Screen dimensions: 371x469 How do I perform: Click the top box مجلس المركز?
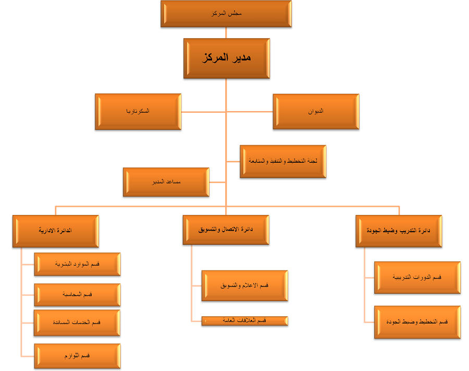click(x=226, y=14)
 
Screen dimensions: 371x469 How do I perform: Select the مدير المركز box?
click(x=226, y=58)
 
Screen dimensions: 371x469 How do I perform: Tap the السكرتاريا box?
click(x=138, y=112)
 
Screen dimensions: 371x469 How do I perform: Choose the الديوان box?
click(x=316, y=112)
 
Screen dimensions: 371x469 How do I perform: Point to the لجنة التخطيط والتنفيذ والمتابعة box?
click(x=282, y=162)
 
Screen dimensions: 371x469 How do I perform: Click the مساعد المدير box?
click(x=166, y=182)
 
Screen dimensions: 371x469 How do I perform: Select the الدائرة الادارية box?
click(x=55, y=231)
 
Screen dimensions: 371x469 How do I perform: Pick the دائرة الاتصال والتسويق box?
click(x=226, y=230)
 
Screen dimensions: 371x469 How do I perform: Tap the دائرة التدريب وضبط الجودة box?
click(x=399, y=231)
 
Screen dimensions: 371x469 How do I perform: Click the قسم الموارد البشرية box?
click(x=77, y=264)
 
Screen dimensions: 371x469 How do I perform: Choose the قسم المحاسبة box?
click(x=77, y=295)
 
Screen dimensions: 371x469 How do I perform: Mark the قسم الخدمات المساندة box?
click(x=77, y=322)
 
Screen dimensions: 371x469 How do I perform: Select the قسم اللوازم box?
click(x=77, y=356)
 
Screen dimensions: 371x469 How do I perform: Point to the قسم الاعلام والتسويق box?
click(x=244, y=285)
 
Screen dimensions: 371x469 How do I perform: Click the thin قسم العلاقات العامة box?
click(x=244, y=320)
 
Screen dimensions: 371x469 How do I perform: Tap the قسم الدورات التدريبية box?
click(x=417, y=278)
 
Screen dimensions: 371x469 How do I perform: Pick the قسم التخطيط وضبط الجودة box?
click(x=417, y=322)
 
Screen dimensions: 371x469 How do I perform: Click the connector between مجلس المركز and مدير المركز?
click(x=226, y=32)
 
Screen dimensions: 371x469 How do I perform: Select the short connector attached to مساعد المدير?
click(x=217, y=182)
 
